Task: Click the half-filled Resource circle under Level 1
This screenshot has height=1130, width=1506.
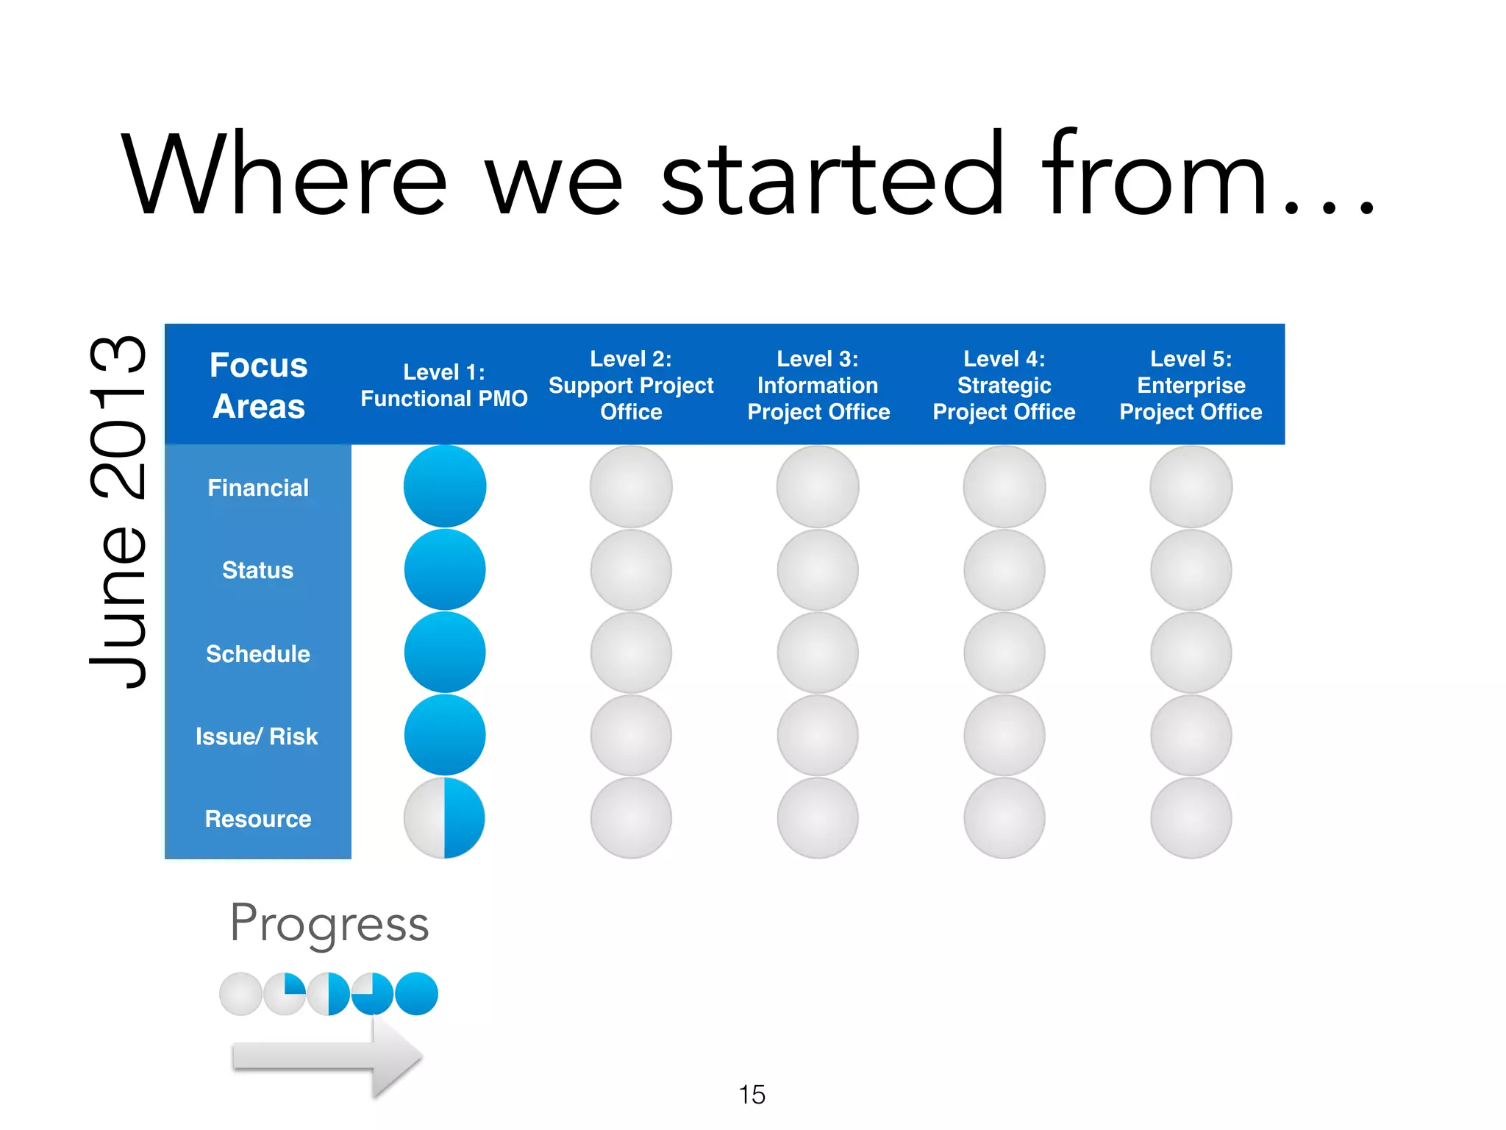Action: pyautogui.click(x=444, y=818)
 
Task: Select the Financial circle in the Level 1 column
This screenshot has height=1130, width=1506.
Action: pyautogui.click(x=444, y=486)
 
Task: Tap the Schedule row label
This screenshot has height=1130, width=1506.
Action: pyautogui.click(x=257, y=653)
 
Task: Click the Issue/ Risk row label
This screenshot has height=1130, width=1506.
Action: pyautogui.click(x=257, y=736)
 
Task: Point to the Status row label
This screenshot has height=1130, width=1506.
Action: pyautogui.click(x=257, y=570)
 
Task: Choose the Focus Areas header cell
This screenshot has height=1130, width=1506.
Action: pyautogui.click(x=258, y=385)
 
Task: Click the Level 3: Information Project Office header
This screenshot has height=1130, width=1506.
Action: pyautogui.click(x=818, y=385)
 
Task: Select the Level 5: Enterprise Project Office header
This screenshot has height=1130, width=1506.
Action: pyautogui.click(x=1191, y=385)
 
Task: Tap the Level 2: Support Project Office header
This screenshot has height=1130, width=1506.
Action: pyautogui.click(x=631, y=385)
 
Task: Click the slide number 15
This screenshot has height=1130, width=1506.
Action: pyautogui.click(x=752, y=1095)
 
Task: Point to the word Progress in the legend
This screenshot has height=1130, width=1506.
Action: pyautogui.click(x=329, y=923)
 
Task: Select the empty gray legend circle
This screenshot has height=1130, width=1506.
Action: pyautogui.click(x=240, y=994)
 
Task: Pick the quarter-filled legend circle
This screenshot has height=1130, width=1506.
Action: pyautogui.click(x=285, y=994)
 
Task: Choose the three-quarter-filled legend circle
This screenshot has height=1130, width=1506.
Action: pyautogui.click(x=372, y=994)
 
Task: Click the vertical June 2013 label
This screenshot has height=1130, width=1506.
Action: pyautogui.click(x=118, y=511)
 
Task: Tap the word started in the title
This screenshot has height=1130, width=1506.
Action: pyautogui.click(x=831, y=177)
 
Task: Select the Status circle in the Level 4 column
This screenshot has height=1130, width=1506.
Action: pyautogui.click(x=1004, y=570)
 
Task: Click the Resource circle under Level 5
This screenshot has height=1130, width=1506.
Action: pyautogui.click(x=1191, y=818)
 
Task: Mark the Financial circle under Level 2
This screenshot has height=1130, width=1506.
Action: pyautogui.click(x=631, y=486)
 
